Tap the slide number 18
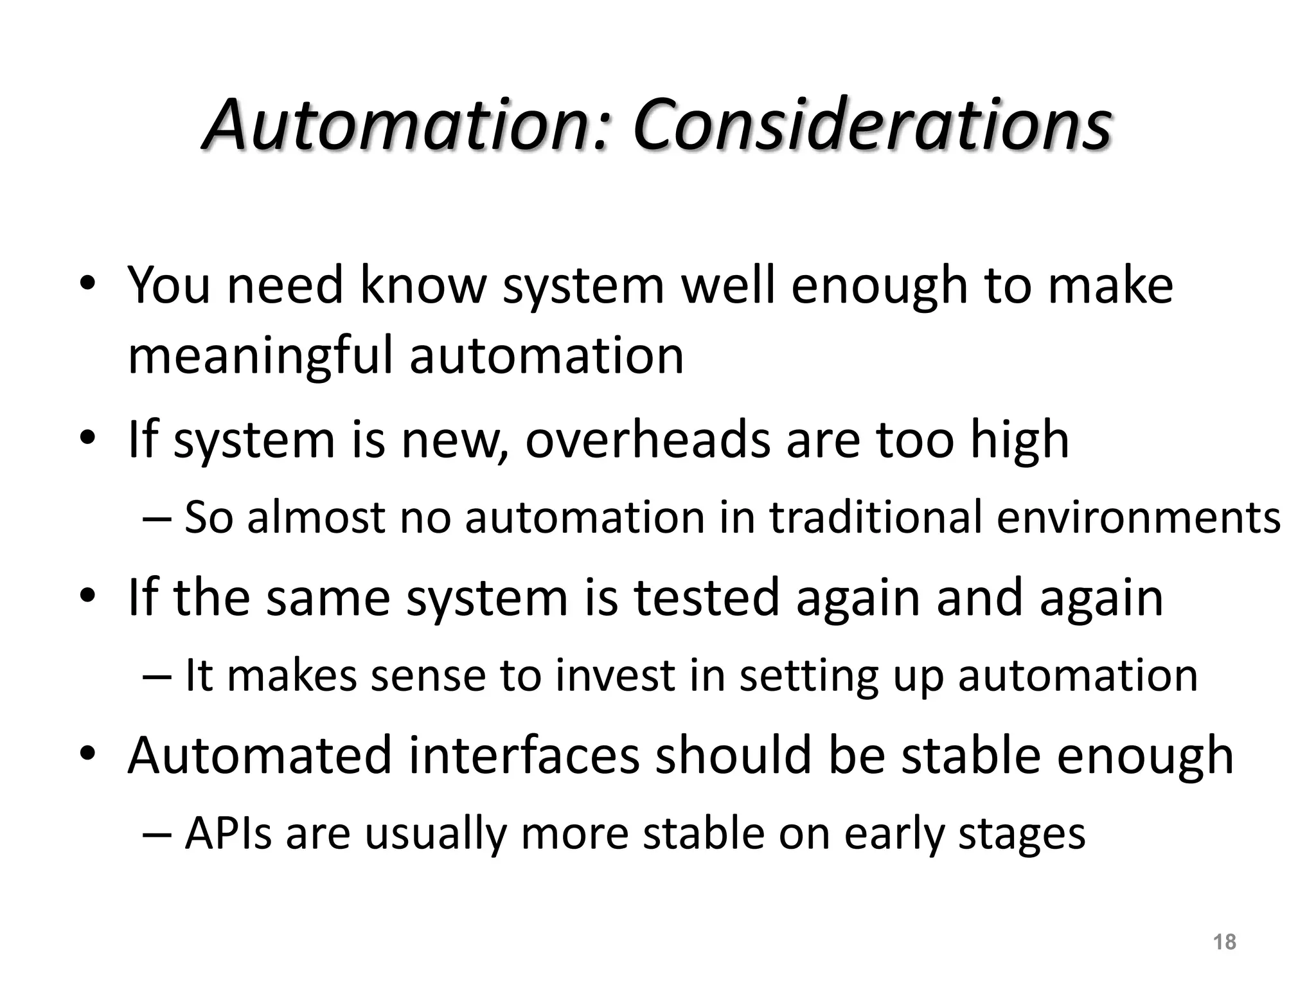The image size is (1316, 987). [x=1225, y=942]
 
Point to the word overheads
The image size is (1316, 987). [x=647, y=440]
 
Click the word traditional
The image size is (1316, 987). [x=876, y=517]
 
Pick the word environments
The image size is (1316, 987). [x=1138, y=517]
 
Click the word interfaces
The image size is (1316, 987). [x=524, y=756]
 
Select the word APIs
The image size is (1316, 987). [x=228, y=833]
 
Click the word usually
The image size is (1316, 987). [x=435, y=835]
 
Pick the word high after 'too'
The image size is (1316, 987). [x=1019, y=441]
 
